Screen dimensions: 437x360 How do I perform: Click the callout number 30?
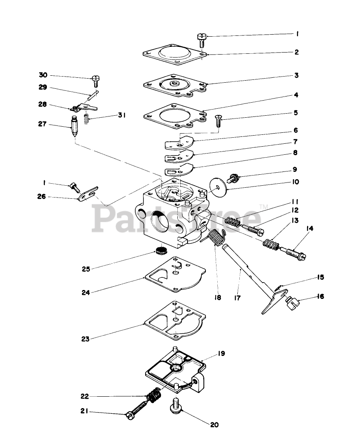(43, 75)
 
